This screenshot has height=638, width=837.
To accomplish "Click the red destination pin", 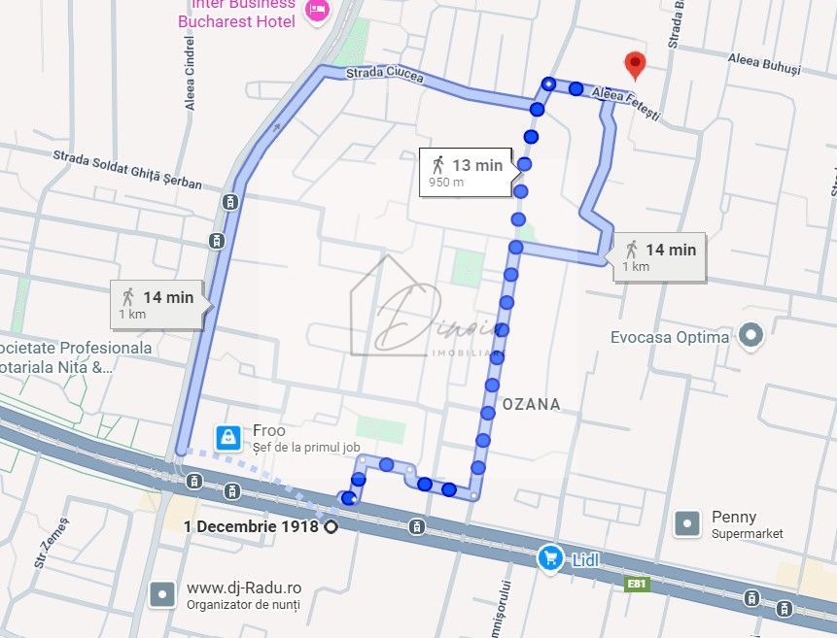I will point(635,64).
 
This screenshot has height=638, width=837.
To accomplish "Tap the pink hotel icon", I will point(317,11).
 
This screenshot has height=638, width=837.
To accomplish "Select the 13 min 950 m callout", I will point(467,171).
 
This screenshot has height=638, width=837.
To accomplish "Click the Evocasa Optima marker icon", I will point(750,336).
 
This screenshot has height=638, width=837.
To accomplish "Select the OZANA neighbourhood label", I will point(531,404).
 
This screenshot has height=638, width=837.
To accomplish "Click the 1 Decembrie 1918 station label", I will point(252,526).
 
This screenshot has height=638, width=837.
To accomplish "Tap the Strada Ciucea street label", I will point(385,74).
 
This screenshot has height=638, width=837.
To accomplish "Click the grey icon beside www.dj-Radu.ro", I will point(162,594).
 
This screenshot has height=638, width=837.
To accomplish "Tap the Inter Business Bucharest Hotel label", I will point(236,13).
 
